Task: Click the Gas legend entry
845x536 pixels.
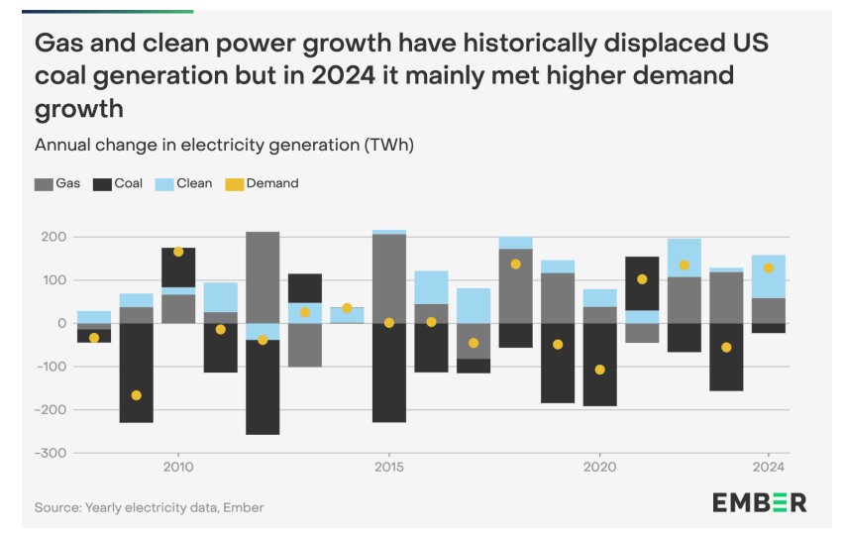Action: tap(57, 183)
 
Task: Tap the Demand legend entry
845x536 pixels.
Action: tap(262, 183)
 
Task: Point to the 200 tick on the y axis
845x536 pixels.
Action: tap(53, 238)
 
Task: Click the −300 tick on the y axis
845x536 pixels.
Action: tap(49, 453)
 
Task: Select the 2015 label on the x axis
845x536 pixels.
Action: tap(388, 467)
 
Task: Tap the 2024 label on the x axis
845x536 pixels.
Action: tap(769, 467)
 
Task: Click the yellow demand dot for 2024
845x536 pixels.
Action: tap(769, 268)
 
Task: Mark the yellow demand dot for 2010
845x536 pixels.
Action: tap(178, 252)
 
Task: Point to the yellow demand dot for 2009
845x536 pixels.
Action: tap(136, 395)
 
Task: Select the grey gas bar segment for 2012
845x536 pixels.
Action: tap(263, 277)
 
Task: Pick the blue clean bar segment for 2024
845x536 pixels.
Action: tap(769, 276)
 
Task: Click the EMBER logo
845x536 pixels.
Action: tap(759, 502)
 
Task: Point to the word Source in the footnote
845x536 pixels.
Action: tap(57, 507)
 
